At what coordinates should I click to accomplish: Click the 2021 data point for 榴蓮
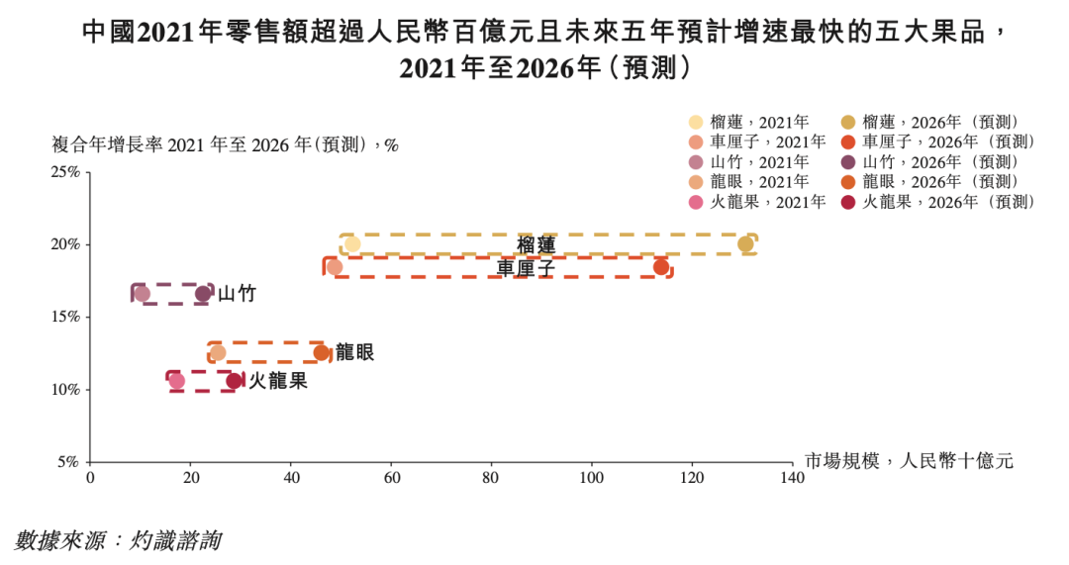[x=352, y=244]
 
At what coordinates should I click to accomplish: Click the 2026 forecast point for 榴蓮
[x=745, y=244]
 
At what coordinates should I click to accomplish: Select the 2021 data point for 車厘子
[x=335, y=267]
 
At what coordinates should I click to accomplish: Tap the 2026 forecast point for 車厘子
[x=661, y=267]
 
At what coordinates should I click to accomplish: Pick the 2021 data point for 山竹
[x=142, y=294]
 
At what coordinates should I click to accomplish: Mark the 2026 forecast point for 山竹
[x=203, y=294]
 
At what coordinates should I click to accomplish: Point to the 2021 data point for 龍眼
[x=218, y=353]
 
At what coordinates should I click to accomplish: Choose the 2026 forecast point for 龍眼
[x=322, y=353]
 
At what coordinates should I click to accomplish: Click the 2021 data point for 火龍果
[x=177, y=381]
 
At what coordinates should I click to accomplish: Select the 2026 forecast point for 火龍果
[x=235, y=381]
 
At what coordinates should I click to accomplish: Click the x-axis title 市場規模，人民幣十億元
[x=908, y=461]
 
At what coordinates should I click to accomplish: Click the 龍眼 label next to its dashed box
[x=355, y=353]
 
